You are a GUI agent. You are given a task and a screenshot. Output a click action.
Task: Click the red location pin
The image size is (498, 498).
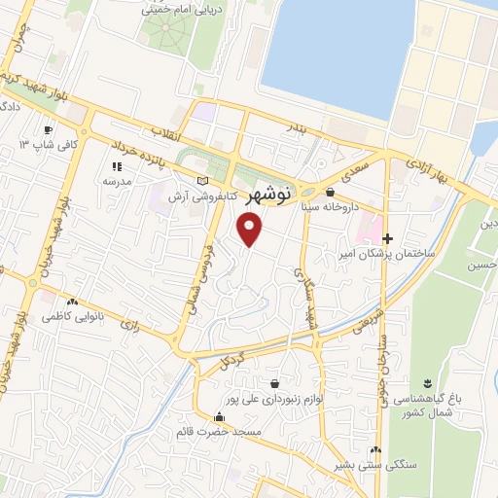point(251,230)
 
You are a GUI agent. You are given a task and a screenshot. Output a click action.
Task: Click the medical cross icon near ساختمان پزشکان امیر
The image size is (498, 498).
point(388,238)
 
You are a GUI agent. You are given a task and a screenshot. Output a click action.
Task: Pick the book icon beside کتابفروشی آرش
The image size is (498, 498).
point(202,181)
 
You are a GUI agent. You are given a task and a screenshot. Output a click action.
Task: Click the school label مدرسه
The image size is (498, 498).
point(117,181)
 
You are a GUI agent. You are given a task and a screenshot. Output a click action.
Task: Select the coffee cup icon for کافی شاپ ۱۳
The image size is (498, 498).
point(47,129)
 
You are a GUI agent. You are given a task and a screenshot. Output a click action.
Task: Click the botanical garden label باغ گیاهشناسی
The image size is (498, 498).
point(429,401)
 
